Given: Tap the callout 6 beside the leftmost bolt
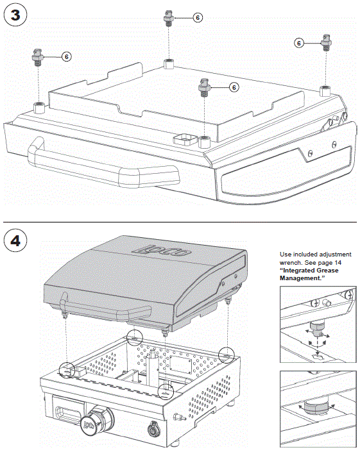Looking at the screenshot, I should (x=66, y=56).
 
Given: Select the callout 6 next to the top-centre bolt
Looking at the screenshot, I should (x=197, y=17).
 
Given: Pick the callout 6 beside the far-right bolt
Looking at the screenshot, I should (x=299, y=43).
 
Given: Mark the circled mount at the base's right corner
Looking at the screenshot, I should (x=226, y=354).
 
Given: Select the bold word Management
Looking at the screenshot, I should (x=304, y=278).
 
